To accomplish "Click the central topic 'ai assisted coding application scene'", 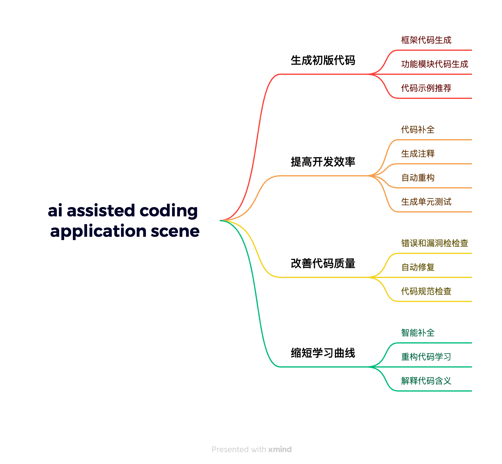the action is [124, 221].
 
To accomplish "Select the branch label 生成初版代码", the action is [323, 60].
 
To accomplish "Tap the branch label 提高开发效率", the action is [323, 162].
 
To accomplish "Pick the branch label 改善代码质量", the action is [323, 264].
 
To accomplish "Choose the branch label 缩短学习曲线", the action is [323, 353].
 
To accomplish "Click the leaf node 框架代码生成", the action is [426, 40].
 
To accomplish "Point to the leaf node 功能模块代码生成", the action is [434, 64].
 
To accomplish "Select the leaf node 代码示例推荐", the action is [426, 88].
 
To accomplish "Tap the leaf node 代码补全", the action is [418, 130].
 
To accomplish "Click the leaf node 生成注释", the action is [418, 154].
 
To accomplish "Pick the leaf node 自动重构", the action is [418, 178].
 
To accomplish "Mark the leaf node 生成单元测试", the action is [426, 202].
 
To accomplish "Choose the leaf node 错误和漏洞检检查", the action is [434, 243].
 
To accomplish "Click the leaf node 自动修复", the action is [418, 267].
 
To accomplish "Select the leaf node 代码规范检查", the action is [426, 291].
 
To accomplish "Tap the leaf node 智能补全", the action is [418, 333].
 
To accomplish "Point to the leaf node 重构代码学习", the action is [426, 357].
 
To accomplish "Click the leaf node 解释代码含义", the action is [426, 381].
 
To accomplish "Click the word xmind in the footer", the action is [280, 450].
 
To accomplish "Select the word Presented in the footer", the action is [230, 450].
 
